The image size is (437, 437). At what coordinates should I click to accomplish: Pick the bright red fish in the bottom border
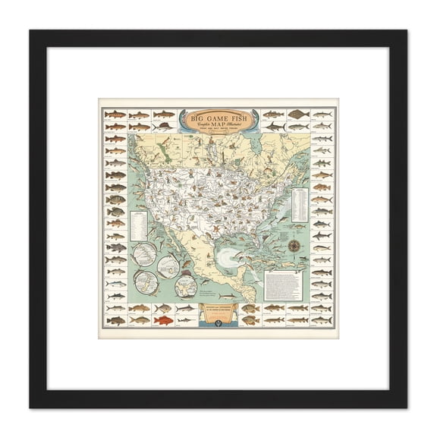pyautogui.click(x=163, y=320)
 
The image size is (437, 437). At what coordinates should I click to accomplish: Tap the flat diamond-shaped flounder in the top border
pyautogui.click(x=297, y=115)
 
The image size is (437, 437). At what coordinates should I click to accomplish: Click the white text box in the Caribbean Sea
pyautogui.click(x=283, y=285)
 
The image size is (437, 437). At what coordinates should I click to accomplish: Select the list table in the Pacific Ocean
pyautogui.click(x=138, y=223)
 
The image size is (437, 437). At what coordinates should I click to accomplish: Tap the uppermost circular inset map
pyautogui.click(x=144, y=253)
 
